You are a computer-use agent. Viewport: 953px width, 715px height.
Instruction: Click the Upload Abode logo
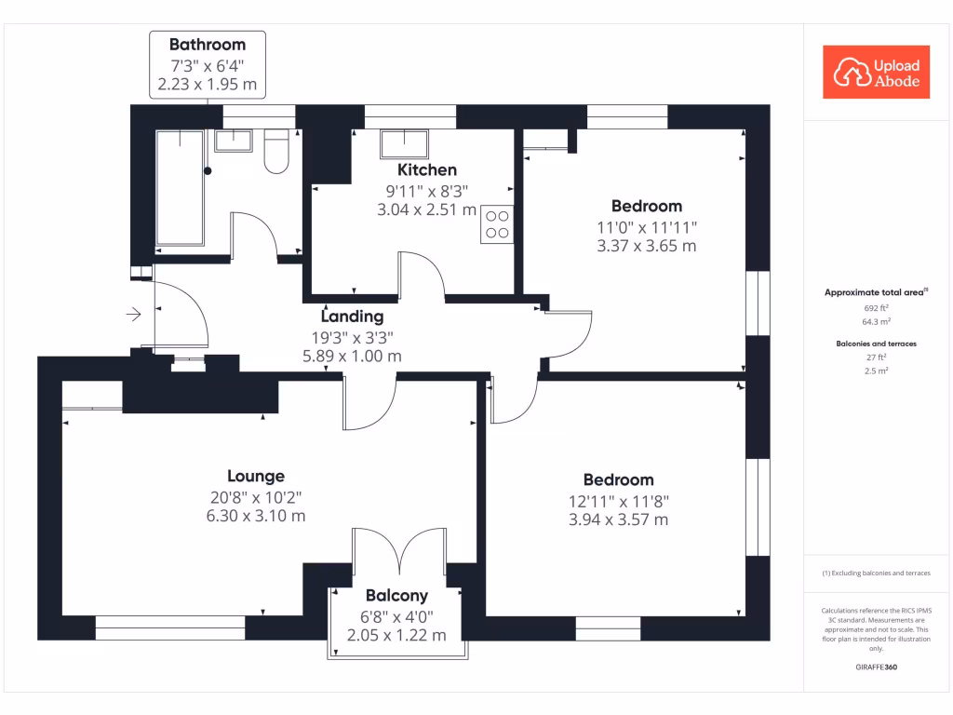[x=877, y=73]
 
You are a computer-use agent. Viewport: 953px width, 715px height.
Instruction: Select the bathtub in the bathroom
[x=180, y=187]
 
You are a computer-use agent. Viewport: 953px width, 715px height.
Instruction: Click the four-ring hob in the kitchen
[x=497, y=224]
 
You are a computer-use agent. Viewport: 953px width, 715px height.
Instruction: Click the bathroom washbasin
[x=233, y=141]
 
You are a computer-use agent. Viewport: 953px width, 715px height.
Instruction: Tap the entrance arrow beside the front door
[x=133, y=315]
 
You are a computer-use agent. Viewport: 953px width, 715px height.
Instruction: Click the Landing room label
[x=353, y=316]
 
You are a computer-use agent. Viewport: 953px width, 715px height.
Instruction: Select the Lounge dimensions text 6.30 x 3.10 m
[x=255, y=516]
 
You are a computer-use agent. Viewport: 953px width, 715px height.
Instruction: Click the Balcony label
[x=396, y=596]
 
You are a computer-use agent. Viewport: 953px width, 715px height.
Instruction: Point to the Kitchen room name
[x=427, y=169]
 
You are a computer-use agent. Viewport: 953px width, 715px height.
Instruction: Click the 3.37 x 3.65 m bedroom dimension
[x=646, y=247]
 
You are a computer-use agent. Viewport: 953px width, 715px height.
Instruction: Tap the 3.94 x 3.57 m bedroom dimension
[x=618, y=519]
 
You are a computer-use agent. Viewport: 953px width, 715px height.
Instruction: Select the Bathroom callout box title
[x=208, y=44]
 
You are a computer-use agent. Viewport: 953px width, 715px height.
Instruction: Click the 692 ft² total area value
[x=877, y=306]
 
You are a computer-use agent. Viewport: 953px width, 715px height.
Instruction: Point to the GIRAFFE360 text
[x=876, y=668]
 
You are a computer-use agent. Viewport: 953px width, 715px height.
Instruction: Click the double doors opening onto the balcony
[x=400, y=552]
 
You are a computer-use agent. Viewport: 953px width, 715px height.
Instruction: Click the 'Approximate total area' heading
[x=876, y=292]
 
